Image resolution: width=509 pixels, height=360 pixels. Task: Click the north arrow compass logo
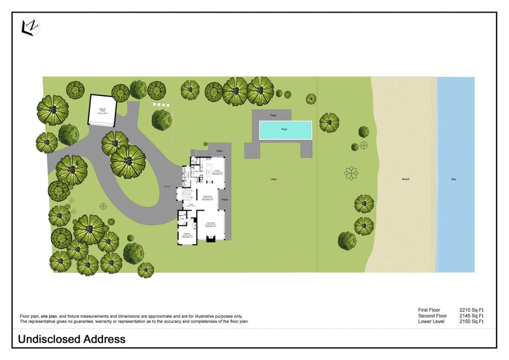[x=30, y=27]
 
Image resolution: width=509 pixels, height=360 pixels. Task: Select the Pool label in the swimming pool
[x=285, y=129]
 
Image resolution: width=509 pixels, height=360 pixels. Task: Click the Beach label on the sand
[x=406, y=179]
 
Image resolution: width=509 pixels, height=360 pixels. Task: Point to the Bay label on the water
[x=453, y=179]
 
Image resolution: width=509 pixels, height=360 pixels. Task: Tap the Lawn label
[x=273, y=179]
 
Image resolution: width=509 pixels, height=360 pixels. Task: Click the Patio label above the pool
[x=273, y=115]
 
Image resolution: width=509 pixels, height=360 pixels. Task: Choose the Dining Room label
[x=207, y=197]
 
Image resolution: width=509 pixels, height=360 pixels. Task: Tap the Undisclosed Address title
[x=72, y=340]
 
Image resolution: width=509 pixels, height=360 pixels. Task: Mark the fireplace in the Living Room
[x=211, y=239]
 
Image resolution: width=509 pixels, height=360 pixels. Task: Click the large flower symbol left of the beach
[x=351, y=173]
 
